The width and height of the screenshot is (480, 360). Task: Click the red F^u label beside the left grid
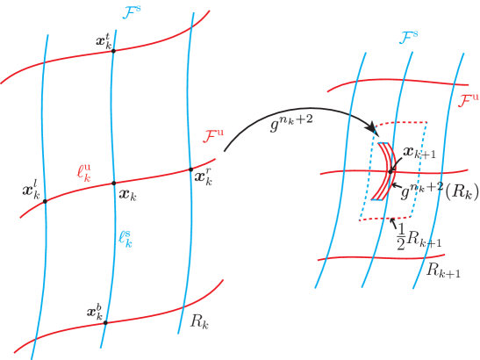click(212, 136)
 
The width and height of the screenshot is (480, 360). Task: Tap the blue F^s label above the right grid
click(408, 38)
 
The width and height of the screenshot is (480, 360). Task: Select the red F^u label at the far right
click(468, 100)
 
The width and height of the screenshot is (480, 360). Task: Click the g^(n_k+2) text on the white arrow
click(290, 126)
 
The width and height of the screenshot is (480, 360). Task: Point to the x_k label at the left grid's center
click(128, 194)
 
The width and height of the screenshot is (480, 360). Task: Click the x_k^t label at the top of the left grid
click(103, 42)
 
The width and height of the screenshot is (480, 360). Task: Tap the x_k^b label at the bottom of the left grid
click(95, 311)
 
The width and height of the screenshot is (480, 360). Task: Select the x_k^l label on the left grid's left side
click(31, 190)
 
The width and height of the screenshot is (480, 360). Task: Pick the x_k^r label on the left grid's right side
click(203, 178)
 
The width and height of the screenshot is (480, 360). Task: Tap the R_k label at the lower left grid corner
click(198, 320)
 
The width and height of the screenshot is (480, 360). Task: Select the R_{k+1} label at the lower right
click(444, 270)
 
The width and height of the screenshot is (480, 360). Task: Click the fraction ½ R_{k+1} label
click(416, 234)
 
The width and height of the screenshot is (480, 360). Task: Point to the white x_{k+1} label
click(419, 152)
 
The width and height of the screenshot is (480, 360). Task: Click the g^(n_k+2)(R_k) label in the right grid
click(439, 191)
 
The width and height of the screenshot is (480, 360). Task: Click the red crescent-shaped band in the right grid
click(383, 171)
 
